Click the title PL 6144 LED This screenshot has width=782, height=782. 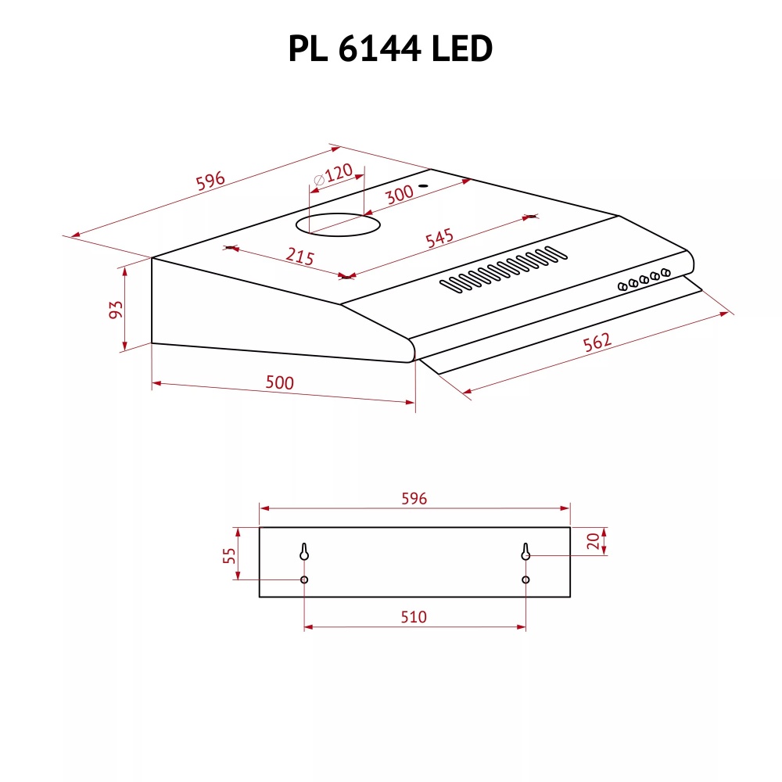click(390, 49)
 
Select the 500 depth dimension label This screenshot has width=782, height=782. click(279, 382)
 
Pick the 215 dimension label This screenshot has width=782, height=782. click(299, 256)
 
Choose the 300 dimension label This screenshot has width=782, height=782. click(399, 195)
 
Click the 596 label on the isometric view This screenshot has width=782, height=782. click(210, 181)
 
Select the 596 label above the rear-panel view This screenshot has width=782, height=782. click(414, 498)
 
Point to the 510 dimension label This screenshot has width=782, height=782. click(414, 617)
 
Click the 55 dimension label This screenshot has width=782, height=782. click(229, 555)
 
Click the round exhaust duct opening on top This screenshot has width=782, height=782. click(339, 226)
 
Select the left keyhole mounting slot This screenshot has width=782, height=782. click(304, 552)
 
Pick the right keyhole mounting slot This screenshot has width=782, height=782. click(526, 552)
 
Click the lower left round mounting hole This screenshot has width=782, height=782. click(304, 579)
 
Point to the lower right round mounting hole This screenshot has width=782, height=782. click(526, 579)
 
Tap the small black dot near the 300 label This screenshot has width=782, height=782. click(422, 186)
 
